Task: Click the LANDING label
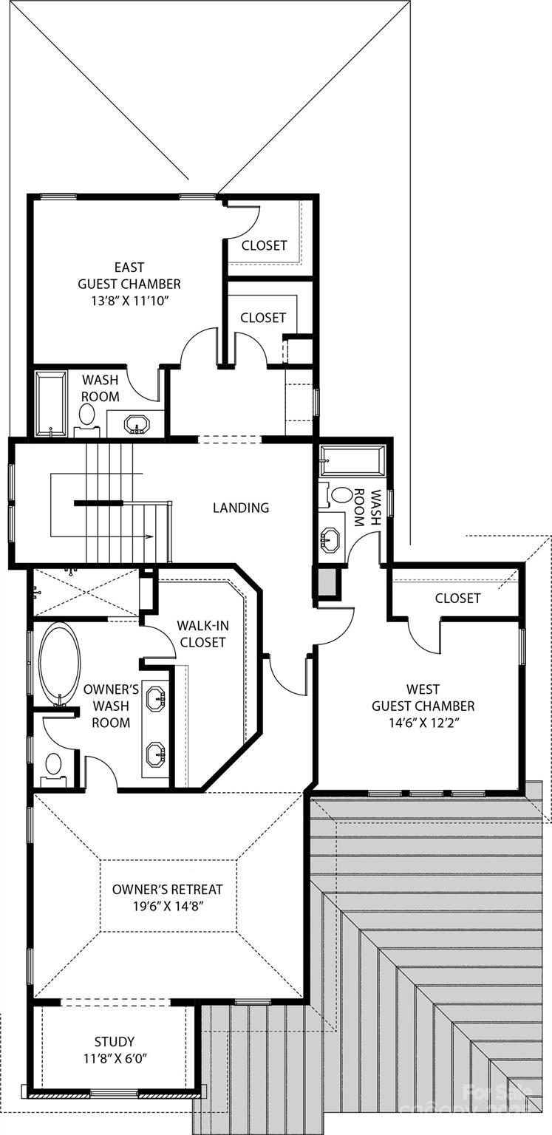[x=241, y=508]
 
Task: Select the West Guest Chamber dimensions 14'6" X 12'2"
[x=423, y=723]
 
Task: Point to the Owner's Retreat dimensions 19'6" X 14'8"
[x=167, y=907]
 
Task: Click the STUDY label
[x=114, y=1042]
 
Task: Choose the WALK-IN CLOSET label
[x=202, y=634]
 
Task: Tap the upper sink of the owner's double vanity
[x=156, y=698]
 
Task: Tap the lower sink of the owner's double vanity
[x=156, y=754]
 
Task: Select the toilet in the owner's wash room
[x=54, y=763]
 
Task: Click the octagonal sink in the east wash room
[x=137, y=425]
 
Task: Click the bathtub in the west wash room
[x=352, y=461]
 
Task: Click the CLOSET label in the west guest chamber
[x=457, y=598]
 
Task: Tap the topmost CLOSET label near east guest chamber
[x=264, y=245]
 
